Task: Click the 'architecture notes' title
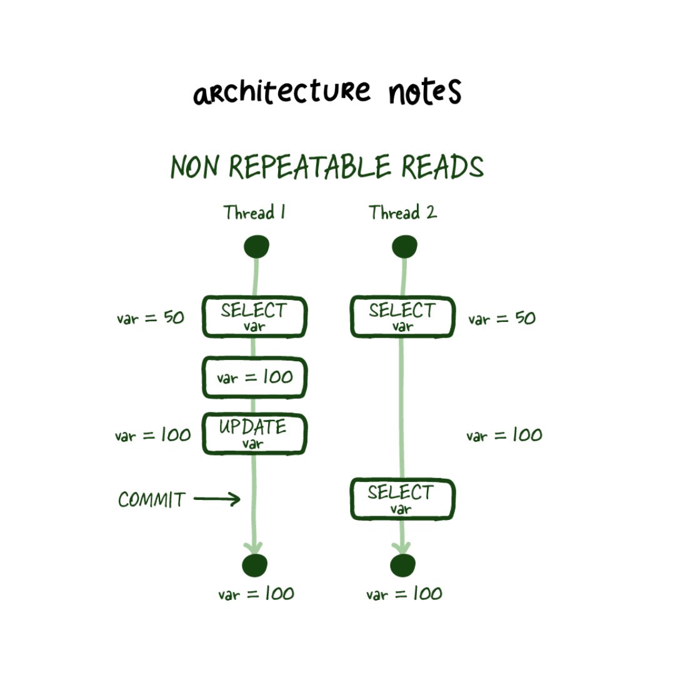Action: [x=327, y=92]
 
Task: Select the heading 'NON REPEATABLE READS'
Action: [x=327, y=167]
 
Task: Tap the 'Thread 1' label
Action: [x=255, y=213]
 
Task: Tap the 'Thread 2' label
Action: [x=402, y=213]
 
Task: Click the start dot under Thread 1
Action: [x=256, y=247]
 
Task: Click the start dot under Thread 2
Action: [x=404, y=247]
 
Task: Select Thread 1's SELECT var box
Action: [x=254, y=317]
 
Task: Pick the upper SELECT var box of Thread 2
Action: [x=402, y=317]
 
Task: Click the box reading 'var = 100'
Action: [x=254, y=377]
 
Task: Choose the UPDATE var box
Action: [x=254, y=433]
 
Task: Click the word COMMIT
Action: [x=152, y=500]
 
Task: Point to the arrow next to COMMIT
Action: [x=217, y=499]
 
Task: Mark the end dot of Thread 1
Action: [x=254, y=565]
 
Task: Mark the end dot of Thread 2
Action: [x=403, y=565]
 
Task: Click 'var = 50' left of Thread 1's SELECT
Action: [x=151, y=317]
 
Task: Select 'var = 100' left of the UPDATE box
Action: [x=152, y=435]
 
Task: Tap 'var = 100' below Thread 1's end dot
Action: [x=256, y=594]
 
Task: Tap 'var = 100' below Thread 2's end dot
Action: [x=404, y=594]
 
